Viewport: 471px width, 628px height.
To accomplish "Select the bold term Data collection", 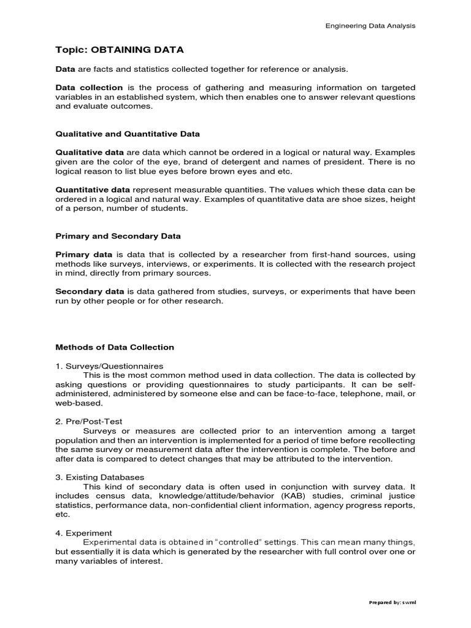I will (x=90, y=88).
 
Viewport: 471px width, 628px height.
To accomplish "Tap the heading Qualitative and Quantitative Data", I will (x=128, y=133).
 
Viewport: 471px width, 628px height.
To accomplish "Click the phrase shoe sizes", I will (x=331, y=199).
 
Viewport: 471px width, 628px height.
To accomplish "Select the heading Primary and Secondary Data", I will (x=118, y=235).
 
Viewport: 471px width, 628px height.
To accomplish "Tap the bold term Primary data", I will (x=84, y=255).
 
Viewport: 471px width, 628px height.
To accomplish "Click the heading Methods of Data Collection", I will (x=115, y=347).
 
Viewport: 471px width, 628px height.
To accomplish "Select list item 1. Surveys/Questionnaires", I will (x=103, y=366).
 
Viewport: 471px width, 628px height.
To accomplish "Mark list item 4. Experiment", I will (x=83, y=533).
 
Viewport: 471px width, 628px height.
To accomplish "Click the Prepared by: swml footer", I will (x=392, y=602).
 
